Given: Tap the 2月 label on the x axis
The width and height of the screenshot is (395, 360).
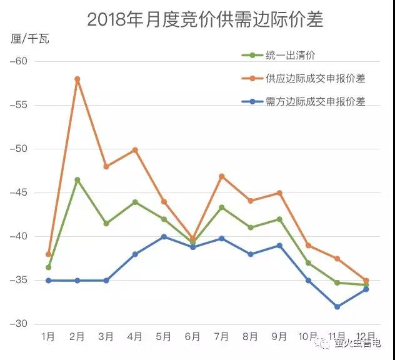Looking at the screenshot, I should [77, 337].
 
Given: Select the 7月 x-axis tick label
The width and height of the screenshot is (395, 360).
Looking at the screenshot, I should [222, 337].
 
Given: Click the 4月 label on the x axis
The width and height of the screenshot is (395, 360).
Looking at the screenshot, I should [135, 337].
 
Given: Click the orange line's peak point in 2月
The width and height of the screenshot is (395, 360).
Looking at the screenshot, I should [77, 79].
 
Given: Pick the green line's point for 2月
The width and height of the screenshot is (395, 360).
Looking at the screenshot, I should [77, 180].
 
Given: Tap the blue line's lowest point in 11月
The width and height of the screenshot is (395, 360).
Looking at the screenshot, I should [337, 307].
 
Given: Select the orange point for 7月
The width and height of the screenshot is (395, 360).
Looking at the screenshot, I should [222, 176].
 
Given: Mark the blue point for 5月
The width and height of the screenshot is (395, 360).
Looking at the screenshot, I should [164, 237].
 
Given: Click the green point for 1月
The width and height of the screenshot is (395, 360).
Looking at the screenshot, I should [48, 267].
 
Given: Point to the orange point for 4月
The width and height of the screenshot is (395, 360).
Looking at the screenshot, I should [135, 150].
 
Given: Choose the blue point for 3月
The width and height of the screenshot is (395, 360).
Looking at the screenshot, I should [106, 281].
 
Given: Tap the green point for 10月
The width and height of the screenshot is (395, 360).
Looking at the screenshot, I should [309, 263].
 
